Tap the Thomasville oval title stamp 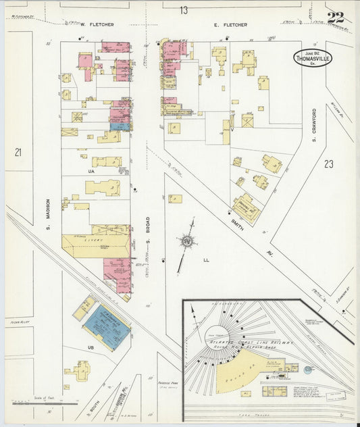click(313, 58)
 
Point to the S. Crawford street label click(315, 125)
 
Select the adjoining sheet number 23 click(328, 164)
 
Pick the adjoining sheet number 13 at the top click(184, 9)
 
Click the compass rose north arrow click(186, 241)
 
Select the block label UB click(89, 347)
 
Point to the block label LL click(206, 259)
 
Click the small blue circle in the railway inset click(308, 370)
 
